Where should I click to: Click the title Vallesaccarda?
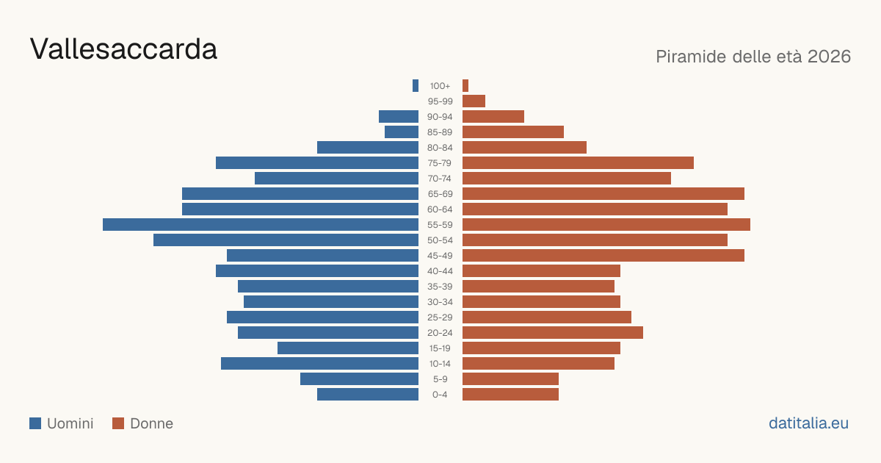click(x=123, y=49)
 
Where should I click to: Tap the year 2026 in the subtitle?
click(x=829, y=57)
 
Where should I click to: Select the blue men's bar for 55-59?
click(x=261, y=224)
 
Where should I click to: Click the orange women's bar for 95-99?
click(x=474, y=101)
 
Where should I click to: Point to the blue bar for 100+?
click(x=416, y=85)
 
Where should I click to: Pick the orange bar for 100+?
click(x=465, y=85)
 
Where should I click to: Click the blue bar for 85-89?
click(x=402, y=132)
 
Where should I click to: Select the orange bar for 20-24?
click(x=553, y=333)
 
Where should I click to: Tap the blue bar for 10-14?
click(x=320, y=363)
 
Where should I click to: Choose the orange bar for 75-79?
click(x=579, y=162)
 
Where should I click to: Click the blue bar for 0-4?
click(x=368, y=395)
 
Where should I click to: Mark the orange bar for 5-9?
click(x=510, y=378)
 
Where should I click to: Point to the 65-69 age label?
click(x=440, y=194)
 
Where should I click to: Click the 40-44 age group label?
click(x=440, y=271)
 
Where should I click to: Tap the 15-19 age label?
click(x=440, y=348)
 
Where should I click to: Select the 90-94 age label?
click(x=440, y=117)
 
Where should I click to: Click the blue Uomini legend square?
click(x=35, y=423)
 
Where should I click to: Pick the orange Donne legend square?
click(x=118, y=423)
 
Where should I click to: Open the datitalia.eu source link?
click(x=808, y=423)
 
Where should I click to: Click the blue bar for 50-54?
click(x=286, y=240)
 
